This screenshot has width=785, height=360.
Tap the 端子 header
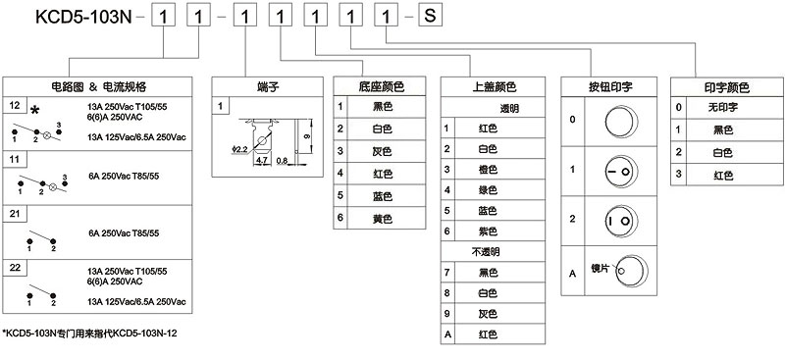tap(268, 86)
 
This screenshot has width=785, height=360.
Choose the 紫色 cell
tap(487, 231)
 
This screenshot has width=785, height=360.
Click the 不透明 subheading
tap(487, 251)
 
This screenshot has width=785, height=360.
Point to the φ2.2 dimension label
tap(240, 149)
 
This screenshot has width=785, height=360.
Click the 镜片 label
tap(597, 266)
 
